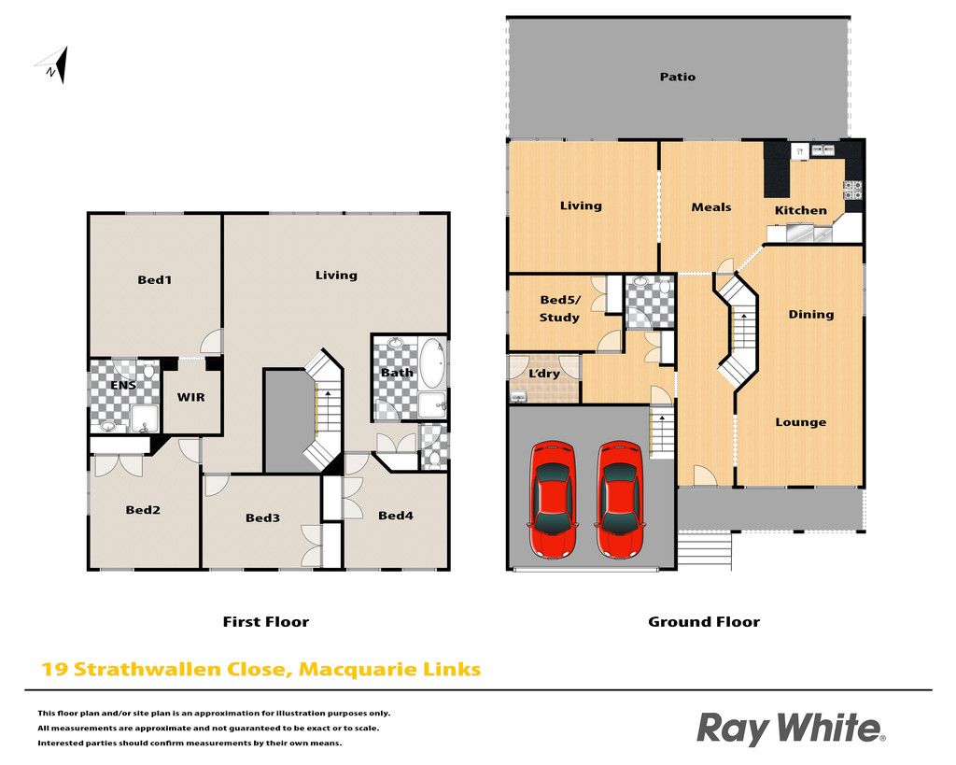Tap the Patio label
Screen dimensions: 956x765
[x=678, y=77]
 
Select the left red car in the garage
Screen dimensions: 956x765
[x=553, y=499]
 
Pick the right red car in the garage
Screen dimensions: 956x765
[x=620, y=499]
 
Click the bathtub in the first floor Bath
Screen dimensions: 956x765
[x=433, y=362]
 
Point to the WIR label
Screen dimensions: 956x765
[x=190, y=397]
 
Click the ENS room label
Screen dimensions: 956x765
[x=123, y=385]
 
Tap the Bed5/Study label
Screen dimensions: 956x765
[x=560, y=308]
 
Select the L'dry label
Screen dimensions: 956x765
[x=544, y=373]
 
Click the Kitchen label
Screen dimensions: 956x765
[x=800, y=210]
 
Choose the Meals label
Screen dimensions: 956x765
[x=710, y=207]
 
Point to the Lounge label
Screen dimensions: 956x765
[x=800, y=422]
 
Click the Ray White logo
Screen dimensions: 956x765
[x=791, y=729]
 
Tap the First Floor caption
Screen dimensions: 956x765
[x=266, y=622]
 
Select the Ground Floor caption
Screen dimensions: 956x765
[x=704, y=622]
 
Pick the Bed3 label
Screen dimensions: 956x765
[x=262, y=517]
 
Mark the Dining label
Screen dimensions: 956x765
[x=811, y=315]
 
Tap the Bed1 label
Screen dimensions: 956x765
[x=154, y=280]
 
